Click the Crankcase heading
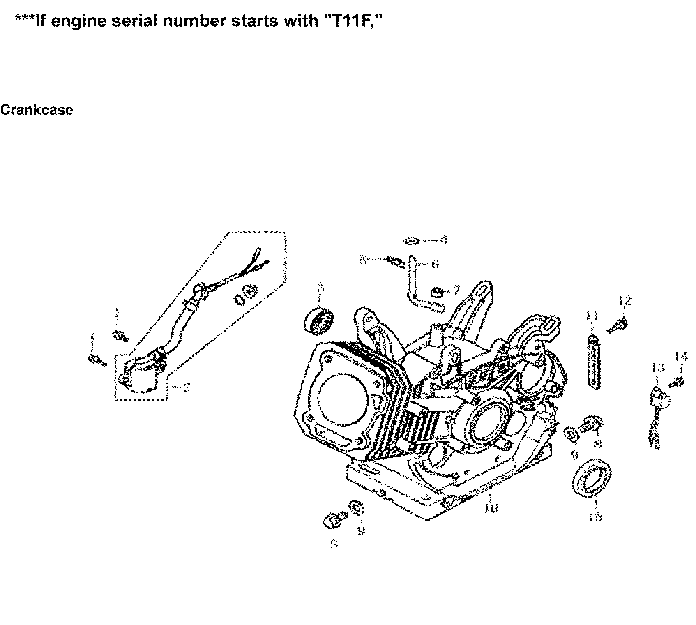(37, 110)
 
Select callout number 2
(187, 387)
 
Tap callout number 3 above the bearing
(320, 288)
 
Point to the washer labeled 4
(412, 241)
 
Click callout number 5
(362, 260)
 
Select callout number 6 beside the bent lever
(435, 264)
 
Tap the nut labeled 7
(437, 293)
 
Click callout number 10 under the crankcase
(491, 508)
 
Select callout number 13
(657, 367)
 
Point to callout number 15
(595, 516)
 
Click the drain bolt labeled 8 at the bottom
(333, 521)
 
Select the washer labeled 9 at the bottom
(356, 508)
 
